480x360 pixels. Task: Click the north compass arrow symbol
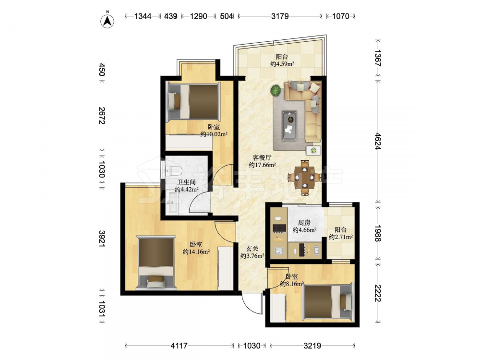[108, 20]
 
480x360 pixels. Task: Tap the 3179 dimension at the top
[280, 16]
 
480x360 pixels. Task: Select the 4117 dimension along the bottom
[179, 346]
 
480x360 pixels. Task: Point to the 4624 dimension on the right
[378, 141]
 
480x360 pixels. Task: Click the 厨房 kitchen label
[304, 223]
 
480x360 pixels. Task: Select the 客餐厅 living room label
[263, 158]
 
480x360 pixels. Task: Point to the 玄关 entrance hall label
[252, 249]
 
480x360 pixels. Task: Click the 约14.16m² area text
[196, 252]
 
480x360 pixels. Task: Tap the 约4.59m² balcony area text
[282, 64]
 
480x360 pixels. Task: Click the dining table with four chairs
[305, 177]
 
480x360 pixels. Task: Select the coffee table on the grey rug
[289, 125]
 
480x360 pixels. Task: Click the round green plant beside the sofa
[276, 91]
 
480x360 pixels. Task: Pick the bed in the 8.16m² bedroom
[327, 303]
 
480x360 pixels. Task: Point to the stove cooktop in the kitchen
[279, 228]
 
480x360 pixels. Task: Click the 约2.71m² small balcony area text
[341, 237]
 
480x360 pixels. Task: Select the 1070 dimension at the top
[340, 16]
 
